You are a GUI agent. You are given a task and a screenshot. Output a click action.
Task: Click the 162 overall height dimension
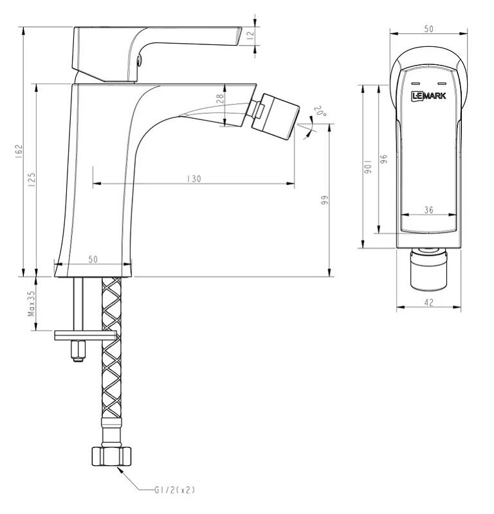pyautogui.click(x=19, y=152)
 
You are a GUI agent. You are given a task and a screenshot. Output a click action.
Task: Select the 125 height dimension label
pyautogui.click(x=32, y=180)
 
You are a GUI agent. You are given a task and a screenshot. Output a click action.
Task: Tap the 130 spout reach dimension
pyautogui.click(x=194, y=179)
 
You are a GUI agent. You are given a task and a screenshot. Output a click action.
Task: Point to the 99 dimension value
pyautogui.click(x=324, y=200)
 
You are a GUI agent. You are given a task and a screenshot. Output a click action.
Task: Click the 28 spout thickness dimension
pyautogui.click(x=220, y=99)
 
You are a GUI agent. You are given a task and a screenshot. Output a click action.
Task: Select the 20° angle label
pyautogui.click(x=320, y=111)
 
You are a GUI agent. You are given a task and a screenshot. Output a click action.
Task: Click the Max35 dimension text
pyautogui.click(x=32, y=303)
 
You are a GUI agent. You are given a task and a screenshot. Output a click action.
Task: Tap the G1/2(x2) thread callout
pyautogui.click(x=174, y=490)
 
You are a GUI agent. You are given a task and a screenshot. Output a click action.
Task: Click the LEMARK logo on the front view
pyautogui.click(x=428, y=96)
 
